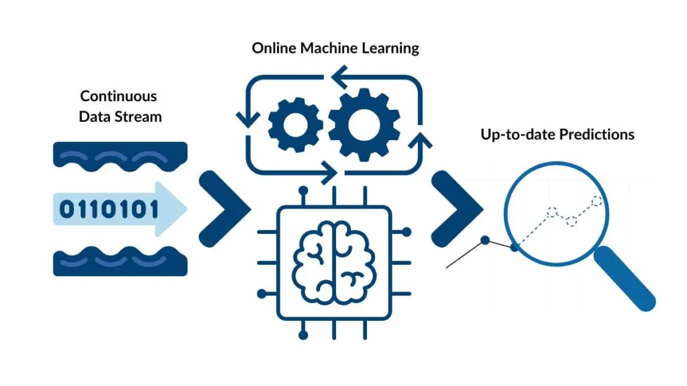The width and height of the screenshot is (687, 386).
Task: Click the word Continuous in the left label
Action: coord(119,96)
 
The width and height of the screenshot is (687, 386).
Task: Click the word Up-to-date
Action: coord(509,134)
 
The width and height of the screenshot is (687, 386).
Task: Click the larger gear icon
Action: coord(356,125)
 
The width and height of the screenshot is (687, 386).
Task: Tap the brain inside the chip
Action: coord(334,259)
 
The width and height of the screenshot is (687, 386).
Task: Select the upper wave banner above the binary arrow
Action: coord(120,155)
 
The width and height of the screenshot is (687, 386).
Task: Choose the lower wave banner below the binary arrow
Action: coord(120,262)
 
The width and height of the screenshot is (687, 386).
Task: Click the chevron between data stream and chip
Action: coord(224,208)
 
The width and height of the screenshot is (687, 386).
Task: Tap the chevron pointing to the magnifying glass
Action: coord(456,208)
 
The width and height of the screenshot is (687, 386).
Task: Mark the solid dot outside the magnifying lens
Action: coord(484,239)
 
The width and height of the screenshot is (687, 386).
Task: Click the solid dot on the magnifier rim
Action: coord(515,248)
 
